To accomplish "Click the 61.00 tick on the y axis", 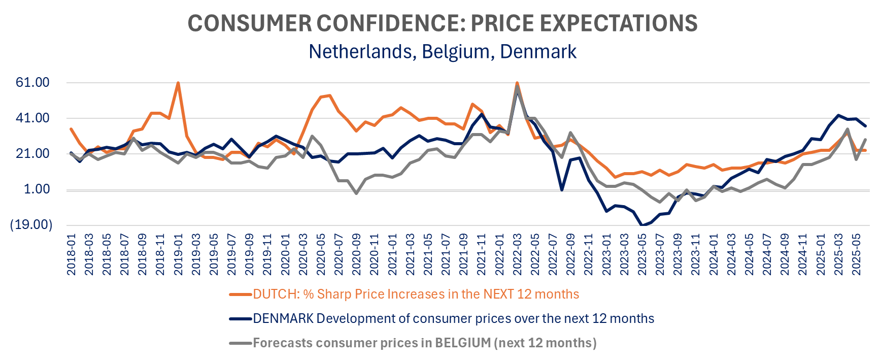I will pyautogui.click(x=32, y=82).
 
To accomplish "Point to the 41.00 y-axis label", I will pyautogui.click(x=32, y=118).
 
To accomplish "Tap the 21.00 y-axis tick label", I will pyautogui.click(x=32, y=153).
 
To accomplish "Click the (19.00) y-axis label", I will pyautogui.click(x=31, y=225).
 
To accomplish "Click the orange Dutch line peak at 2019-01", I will pyautogui.click(x=178, y=83).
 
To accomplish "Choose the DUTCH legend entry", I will pyautogui.click(x=416, y=294).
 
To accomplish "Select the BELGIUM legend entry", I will pyautogui.click(x=424, y=343).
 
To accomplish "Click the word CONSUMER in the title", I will pyautogui.click(x=249, y=23).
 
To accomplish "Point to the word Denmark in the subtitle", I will pyautogui.click(x=538, y=52).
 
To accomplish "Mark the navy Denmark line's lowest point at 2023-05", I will pyautogui.click(x=642, y=225).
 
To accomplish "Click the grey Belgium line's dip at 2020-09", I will pyautogui.click(x=356, y=193).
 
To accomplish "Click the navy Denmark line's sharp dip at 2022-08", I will pyautogui.click(x=562, y=189).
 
